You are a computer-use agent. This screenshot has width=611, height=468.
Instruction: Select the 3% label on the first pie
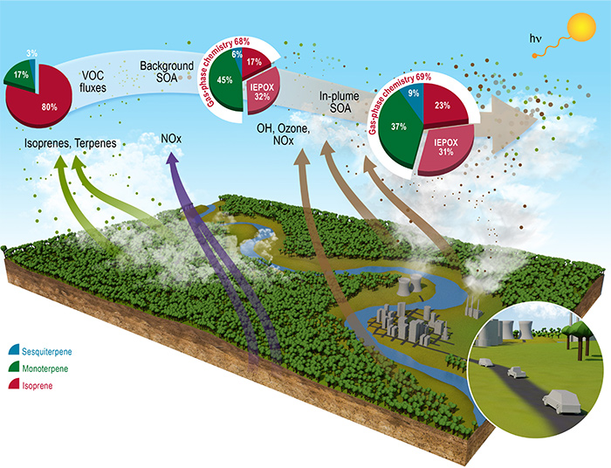[x=31, y=53]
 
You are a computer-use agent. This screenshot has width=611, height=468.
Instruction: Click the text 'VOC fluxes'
[x=104, y=86]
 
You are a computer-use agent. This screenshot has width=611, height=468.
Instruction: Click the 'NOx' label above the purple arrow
[x=173, y=138]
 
